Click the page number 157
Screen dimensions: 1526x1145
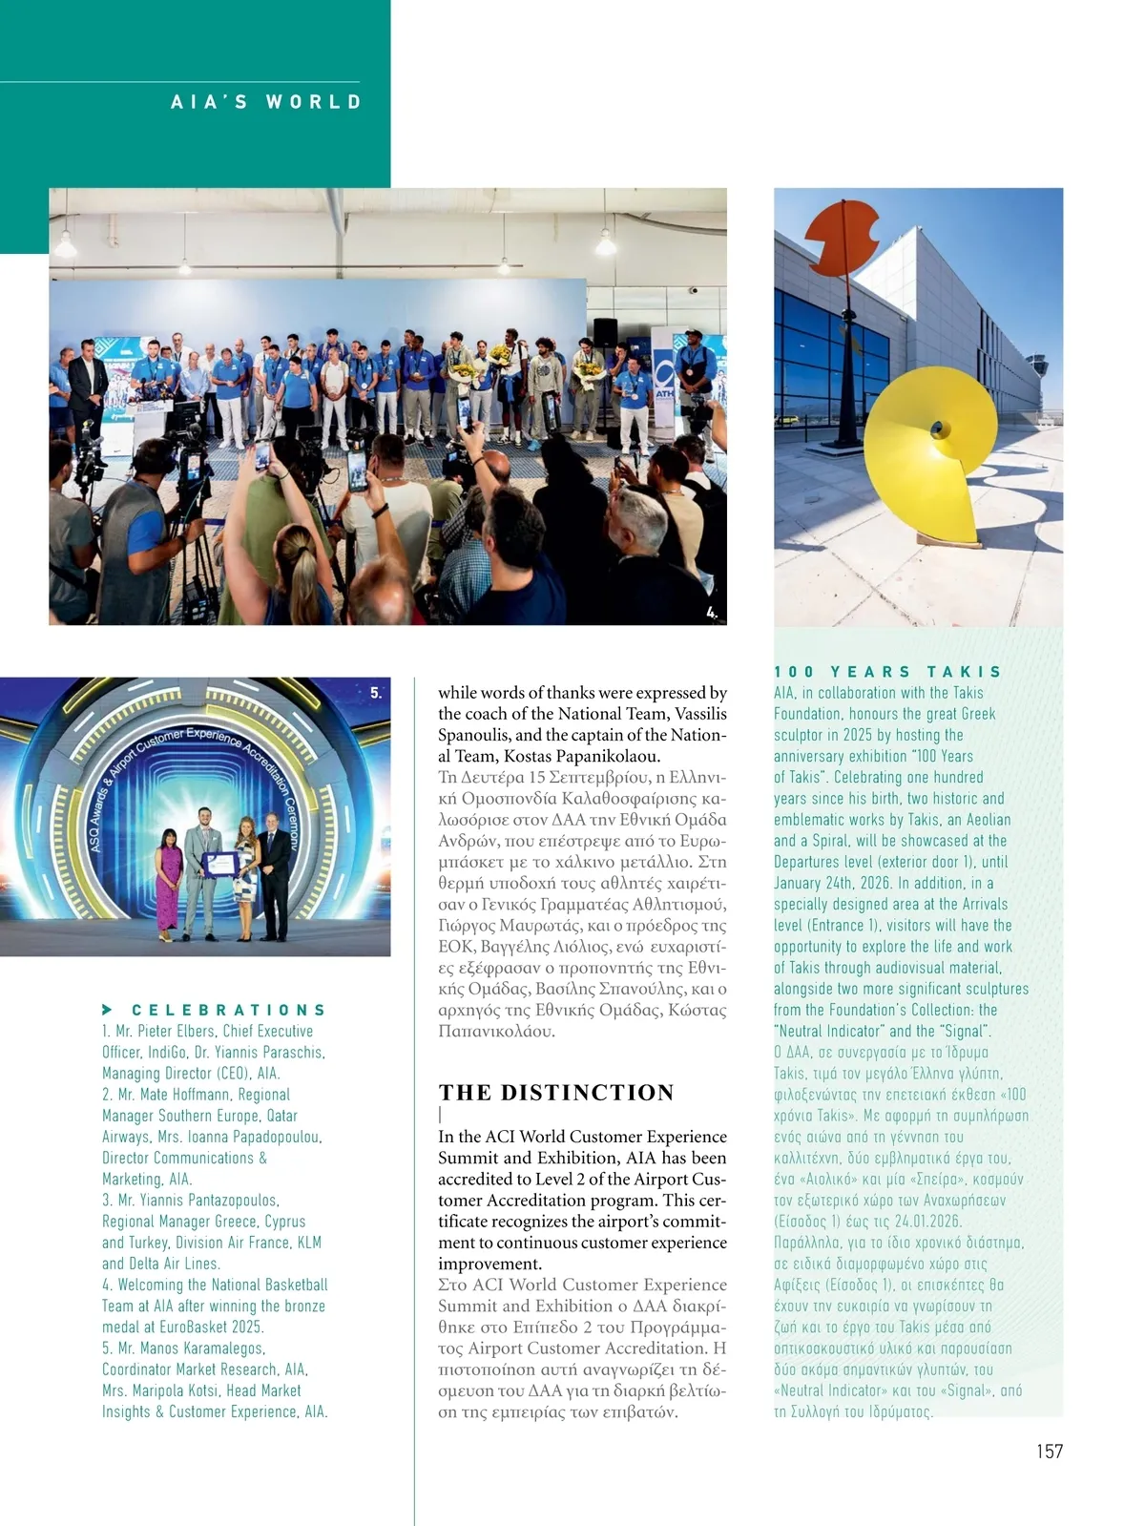pos(1049,1451)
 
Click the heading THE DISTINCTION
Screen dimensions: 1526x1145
pos(556,1093)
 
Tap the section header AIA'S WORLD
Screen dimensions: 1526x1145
pos(266,102)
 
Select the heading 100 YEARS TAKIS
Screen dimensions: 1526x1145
pos(887,672)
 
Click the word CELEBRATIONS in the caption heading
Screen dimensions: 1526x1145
pos(229,1010)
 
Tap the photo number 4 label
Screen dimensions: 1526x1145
pos(712,613)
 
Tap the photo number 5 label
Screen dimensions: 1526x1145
pos(376,693)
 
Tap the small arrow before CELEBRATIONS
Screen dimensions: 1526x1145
pos(108,1010)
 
